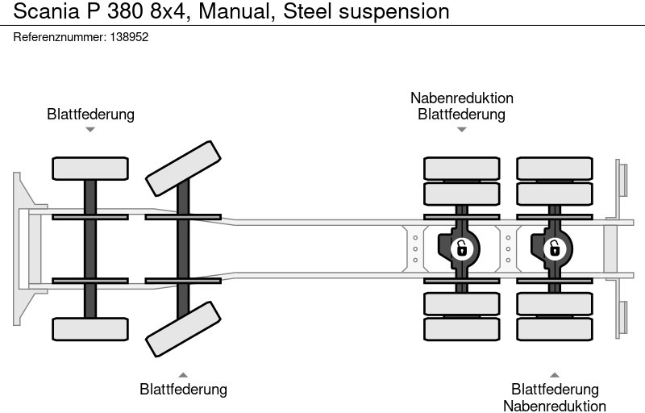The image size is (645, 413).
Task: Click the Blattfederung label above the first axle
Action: point(90,115)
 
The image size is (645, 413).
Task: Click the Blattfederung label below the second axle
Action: point(183,390)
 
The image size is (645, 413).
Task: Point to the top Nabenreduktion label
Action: point(461,98)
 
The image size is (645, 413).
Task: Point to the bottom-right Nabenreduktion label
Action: point(555,406)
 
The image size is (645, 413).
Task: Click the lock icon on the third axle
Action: point(461,248)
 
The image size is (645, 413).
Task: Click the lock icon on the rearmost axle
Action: point(554,248)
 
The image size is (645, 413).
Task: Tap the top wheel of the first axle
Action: point(90,169)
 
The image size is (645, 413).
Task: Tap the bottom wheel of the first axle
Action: point(90,328)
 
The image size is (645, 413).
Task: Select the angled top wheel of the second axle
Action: point(183,168)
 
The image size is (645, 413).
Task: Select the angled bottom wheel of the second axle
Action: point(183,328)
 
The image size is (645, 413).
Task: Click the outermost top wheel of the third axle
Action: point(461,168)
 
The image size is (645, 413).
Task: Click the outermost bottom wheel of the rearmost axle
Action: point(554,329)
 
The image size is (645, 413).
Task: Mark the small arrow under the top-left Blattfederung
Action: point(90,129)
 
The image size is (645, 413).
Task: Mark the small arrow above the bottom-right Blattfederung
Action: point(555,374)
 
